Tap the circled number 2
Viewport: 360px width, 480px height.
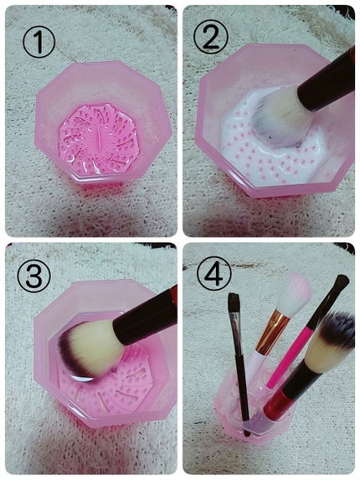point(211,37)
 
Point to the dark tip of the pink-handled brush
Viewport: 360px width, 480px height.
point(339,285)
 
